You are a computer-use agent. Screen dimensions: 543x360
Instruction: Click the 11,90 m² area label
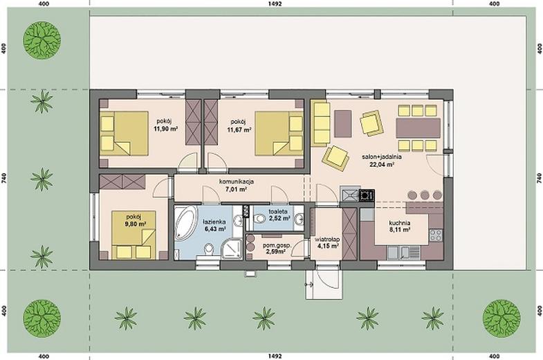(x=165, y=129)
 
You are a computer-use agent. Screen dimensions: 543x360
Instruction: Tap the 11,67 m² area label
(x=239, y=129)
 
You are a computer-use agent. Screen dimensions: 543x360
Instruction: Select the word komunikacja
(x=237, y=181)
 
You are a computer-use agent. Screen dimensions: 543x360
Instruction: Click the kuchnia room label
(x=399, y=224)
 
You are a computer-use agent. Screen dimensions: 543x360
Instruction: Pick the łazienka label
(x=214, y=222)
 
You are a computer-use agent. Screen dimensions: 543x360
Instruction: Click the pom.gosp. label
(x=277, y=245)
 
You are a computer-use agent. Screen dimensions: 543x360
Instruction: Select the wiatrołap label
(x=326, y=240)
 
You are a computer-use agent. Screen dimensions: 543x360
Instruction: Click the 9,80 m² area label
(x=136, y=224)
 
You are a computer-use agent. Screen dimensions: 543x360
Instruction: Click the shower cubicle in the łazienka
(x=232, y=249)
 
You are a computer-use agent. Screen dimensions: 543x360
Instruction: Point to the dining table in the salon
(x=418, y=128)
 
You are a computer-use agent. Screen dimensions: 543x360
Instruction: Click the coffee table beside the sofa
(x=343, y=123)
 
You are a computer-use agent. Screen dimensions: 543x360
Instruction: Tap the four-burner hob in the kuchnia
(x=436, y=235)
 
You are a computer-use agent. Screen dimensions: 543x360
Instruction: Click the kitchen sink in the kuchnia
(x=404, y=252)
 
